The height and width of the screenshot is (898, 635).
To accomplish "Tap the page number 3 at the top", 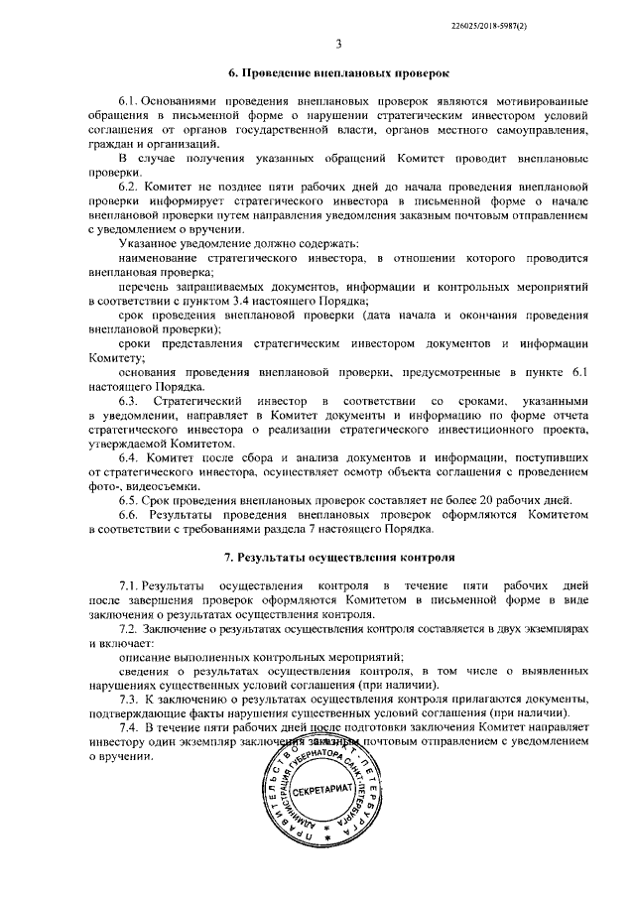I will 338,43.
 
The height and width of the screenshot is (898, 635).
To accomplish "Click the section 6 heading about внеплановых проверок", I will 337,73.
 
